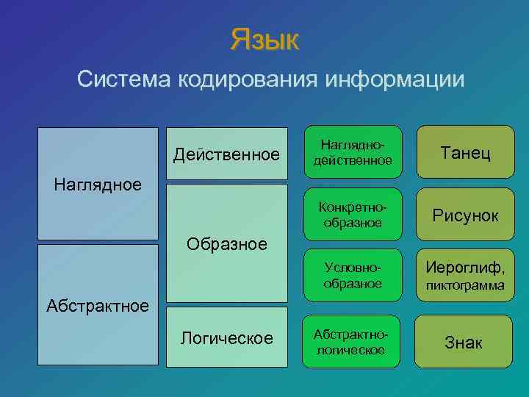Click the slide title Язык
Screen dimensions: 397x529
264,40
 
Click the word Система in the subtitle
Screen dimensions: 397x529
125,79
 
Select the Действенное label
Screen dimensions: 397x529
226,154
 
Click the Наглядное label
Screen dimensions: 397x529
98,184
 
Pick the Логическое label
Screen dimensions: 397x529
226,338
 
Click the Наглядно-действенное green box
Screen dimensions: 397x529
353,152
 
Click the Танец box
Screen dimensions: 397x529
464,153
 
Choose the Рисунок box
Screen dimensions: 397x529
464,215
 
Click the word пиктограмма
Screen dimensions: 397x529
464,285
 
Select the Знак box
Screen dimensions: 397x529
464,342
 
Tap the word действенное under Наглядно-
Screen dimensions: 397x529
353,160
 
